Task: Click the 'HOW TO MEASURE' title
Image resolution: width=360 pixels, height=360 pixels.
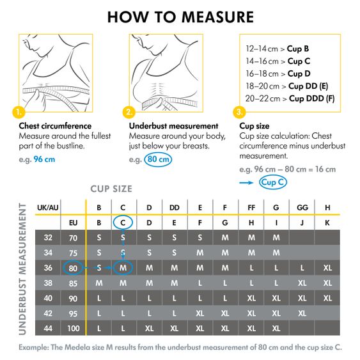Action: pyautogui.click(x=180, y=17)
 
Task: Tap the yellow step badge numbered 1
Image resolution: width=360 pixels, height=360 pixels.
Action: pyautogui.click(x=18, y=112)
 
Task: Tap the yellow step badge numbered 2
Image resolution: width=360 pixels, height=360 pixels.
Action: pyautogui.click(x=129, y=112)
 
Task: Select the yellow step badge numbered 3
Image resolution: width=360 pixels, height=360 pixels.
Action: pyautogui.click(x=240, y=112)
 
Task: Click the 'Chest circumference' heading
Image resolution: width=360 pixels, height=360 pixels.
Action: pyautogui.click(x=55, y=126)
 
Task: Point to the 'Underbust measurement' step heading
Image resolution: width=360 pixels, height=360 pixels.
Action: pyautogui.click(x=173, y=126)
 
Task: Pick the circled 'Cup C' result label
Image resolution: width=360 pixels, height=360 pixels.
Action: pyautogui.click(x=273, y=182)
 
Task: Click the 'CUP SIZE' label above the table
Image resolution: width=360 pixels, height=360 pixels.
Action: pyautogui.click(x=111, y=189)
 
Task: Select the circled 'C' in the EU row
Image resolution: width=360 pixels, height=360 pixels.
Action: pyautogui.click(x=124, y=223)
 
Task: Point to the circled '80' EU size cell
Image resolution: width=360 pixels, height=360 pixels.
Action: pyautogui.click(x=73, y=267)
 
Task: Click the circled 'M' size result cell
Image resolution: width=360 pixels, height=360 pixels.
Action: pyautogui.click(x=124, y=267)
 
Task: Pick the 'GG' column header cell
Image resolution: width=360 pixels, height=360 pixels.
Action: pyautogui.click(x=301, y=207)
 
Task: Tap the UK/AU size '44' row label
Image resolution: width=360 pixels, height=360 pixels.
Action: pyautogui.click(x=47, y=328)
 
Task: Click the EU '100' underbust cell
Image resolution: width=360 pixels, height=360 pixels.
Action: pyautogui.click(x=73, y=328)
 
